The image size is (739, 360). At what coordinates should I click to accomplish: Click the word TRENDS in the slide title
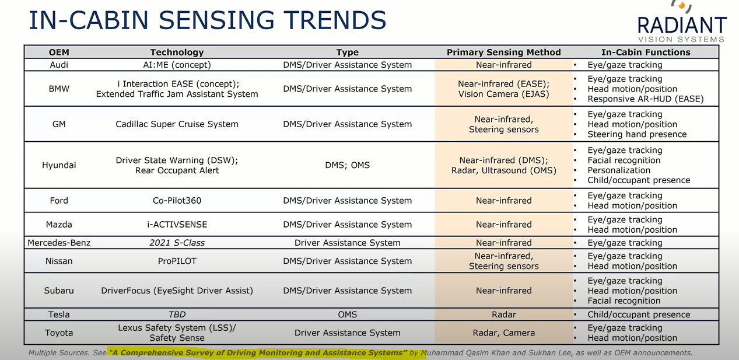pyautogui.click(x=335, y=20)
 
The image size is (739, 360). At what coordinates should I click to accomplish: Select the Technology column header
pyautogui.click(x=177, y=52)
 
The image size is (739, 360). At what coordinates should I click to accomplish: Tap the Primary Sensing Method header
pyautogui.click(x=504, y=52)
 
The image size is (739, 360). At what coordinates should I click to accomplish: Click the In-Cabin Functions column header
pyautogui.click(x=646, y=52)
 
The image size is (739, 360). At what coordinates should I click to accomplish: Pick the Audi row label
pyautogui.click(x=59, y=65)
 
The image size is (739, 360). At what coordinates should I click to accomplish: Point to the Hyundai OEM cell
pyautogui.click(x=59, y=165)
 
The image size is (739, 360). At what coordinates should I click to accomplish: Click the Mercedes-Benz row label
pyautogui.click(x=59, y=243)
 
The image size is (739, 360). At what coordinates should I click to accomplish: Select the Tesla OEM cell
pyautogui.click(x=59, y=314)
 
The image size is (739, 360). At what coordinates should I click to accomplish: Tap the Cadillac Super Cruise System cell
pyautogui.click(x=177, y=124)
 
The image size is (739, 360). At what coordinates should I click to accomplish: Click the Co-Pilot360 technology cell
pyautogui.click(x=177, y=201)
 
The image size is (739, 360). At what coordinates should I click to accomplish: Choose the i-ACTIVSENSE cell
pyautogui.click(x=177, y=225)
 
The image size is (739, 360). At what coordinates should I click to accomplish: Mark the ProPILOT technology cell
pyautogui.click(x=177, y=261)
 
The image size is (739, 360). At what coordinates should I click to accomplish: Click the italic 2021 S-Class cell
pyautogui.click(x=177, y=243)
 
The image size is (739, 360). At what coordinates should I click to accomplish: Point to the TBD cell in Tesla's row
pyautogui.click(x=177, y=314)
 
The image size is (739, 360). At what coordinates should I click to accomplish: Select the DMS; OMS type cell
pyautogui.click(x=348, y=165)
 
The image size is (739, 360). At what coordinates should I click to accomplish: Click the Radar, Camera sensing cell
pyautogui.click(x=504, y=333)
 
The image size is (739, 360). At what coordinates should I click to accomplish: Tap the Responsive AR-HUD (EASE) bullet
pyautogui.click(x=646, y=99)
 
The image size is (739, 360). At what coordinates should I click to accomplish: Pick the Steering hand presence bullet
pyautogui.click(x=637, y=134)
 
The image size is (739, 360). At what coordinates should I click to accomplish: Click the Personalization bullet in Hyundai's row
pyautogui.click(x=619, y=170)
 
